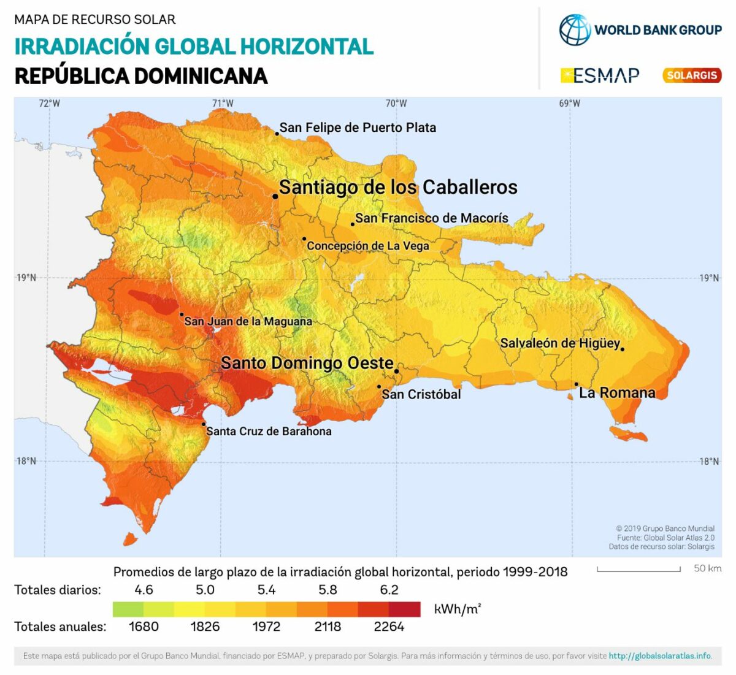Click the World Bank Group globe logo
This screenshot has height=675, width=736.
(574, 29)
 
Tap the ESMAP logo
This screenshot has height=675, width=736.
(600, 75)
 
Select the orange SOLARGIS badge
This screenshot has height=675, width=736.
(692, 75)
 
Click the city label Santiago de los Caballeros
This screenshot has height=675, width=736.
(398, 187)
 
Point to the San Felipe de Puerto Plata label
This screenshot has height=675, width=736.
(358, 128)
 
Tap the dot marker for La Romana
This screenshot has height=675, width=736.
(577, 384)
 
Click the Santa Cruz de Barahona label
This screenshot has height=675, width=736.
(269, 431)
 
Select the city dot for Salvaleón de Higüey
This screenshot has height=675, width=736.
(623, 349)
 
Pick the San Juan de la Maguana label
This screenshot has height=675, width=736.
(248, 321)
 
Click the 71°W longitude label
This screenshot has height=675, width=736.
(223, 103)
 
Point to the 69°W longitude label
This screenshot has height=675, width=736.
(569, 103)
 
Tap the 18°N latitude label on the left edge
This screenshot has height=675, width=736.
(26, 461)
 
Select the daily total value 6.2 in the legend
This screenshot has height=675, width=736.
(389, 590)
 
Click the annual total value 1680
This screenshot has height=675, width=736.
(144, 627)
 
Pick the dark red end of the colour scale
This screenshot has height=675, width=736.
(405, 609)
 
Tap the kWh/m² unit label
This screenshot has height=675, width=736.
(458, 609)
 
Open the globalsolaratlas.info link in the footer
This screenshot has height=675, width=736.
(660, 656)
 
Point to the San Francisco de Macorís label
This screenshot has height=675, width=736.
(432, 218)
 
